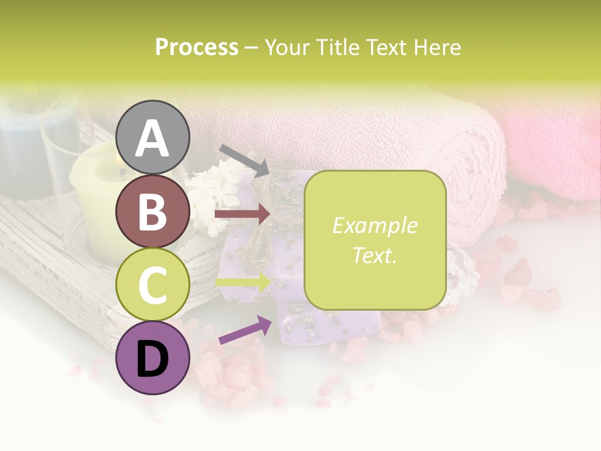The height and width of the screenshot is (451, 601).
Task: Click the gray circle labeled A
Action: click(x=152, y=137)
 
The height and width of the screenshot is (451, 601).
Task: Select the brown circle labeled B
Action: click(x=152, y=211)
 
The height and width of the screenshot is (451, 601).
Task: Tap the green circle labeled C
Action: click(x=152, y=284)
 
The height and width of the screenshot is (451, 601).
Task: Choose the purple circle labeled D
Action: click(x=152, y=358)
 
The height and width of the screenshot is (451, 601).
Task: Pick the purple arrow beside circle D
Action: click(x=245, y=330)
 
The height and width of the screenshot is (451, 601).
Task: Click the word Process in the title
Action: click(x=197, y=47)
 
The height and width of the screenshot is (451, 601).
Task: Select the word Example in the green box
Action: click(x=374, y=225)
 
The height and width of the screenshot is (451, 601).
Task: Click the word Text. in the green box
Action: click(x=374, y=255)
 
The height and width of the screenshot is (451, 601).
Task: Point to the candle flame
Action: click(x=117, y=164)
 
